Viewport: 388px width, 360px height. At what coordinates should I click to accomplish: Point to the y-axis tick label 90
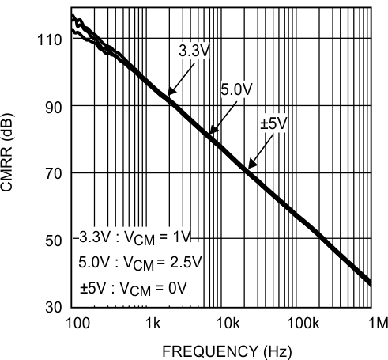[53, 106]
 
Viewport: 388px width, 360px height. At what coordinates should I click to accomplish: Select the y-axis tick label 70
[53, 173]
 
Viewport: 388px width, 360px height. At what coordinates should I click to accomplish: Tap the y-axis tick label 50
[53, 241]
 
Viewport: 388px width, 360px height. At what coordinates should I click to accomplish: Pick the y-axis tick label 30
[53, 307]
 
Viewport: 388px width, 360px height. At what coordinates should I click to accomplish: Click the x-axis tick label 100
[77, 323]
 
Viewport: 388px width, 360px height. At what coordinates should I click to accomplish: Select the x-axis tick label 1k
[153, 323]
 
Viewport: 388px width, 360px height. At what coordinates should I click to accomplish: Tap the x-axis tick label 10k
[228, 323]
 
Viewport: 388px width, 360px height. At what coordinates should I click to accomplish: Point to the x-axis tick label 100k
[303, 323]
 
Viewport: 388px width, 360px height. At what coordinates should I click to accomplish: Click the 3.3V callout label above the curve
[193, 50]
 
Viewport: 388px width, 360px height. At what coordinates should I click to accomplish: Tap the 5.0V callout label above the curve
[235, 91]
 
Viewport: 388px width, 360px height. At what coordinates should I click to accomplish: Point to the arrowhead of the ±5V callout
[250, 167]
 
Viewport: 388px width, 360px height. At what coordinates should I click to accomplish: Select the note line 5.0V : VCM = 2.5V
[141, 262]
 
